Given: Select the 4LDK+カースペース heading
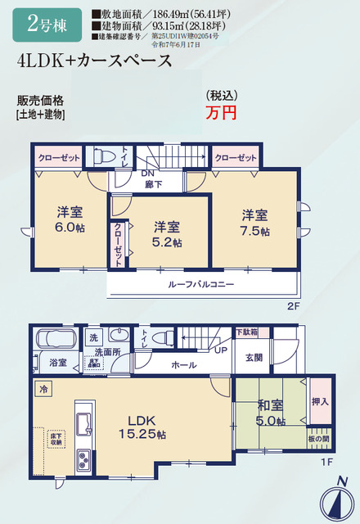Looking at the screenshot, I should [x=93, y=61].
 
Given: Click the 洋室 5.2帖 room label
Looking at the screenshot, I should [x=167, y=233].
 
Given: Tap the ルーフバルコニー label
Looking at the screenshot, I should [x=202, y=284].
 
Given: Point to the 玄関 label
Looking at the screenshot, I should [x=254, y=357].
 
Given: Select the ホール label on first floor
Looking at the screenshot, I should [x=183, y=365].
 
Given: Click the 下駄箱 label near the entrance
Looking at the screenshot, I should [x=247, y=332].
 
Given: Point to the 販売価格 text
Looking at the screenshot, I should [x=40, y=101].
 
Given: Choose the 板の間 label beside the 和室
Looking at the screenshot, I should [x=320, y=439].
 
